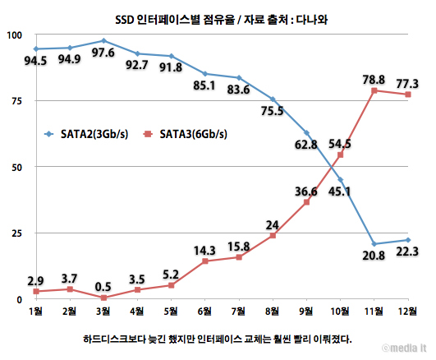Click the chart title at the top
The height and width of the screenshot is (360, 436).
coord(218,16)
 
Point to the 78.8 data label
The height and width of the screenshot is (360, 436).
coord(374,79)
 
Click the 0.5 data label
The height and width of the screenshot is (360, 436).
coord(103,285)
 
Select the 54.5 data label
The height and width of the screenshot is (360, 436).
coord(339,144)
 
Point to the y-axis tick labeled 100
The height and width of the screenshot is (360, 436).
coord(13,35)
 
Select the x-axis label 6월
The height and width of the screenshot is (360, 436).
coord(205,313)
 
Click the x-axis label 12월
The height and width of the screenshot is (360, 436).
coord(407,313)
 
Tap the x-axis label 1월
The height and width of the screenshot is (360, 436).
coord(35,313)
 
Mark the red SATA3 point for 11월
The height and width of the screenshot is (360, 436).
coord(374,90)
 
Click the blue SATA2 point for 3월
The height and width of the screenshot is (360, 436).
coord(103,40)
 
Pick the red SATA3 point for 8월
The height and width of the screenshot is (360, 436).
coord(273,235)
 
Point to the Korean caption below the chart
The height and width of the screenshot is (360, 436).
coord(218,336)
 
